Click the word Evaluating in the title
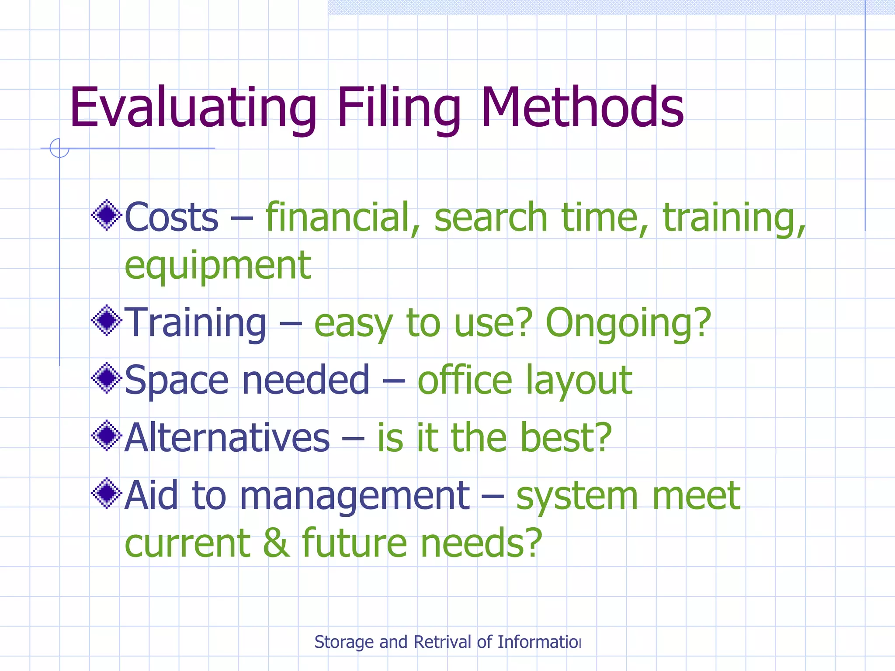193,108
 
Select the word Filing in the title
399,108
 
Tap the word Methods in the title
582,108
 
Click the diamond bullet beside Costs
106,215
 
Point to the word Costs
171,217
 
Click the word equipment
218,266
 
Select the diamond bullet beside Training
106,321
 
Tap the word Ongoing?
628,323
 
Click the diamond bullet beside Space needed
106,378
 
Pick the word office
465,380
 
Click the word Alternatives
227,438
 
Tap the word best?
566,438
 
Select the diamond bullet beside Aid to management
106,494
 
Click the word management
354,496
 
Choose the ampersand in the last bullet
276,543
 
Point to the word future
354,543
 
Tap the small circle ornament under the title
59,148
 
